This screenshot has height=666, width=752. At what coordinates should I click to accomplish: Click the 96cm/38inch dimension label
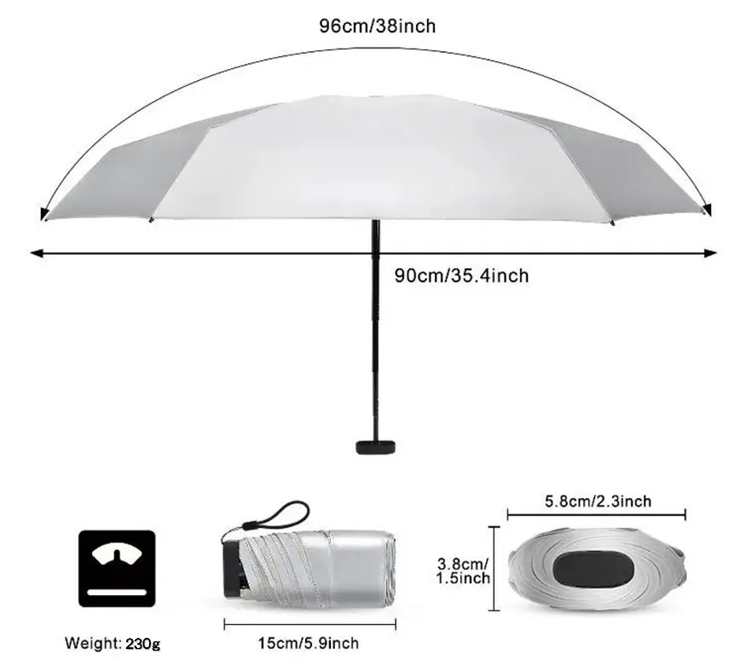click(377, 26)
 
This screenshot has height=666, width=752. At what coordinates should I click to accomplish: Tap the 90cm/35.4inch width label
click(461, 275)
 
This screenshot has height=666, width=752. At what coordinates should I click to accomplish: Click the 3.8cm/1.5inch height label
click(463, 570)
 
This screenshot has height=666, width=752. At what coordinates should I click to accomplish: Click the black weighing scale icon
click(118, 569)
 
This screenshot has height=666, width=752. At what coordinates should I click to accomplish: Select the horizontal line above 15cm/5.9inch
click(298, 624)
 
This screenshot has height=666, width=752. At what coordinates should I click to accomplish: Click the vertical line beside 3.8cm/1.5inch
click(495, 569)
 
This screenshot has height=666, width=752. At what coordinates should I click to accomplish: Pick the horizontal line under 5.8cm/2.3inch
click(596, 515)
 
